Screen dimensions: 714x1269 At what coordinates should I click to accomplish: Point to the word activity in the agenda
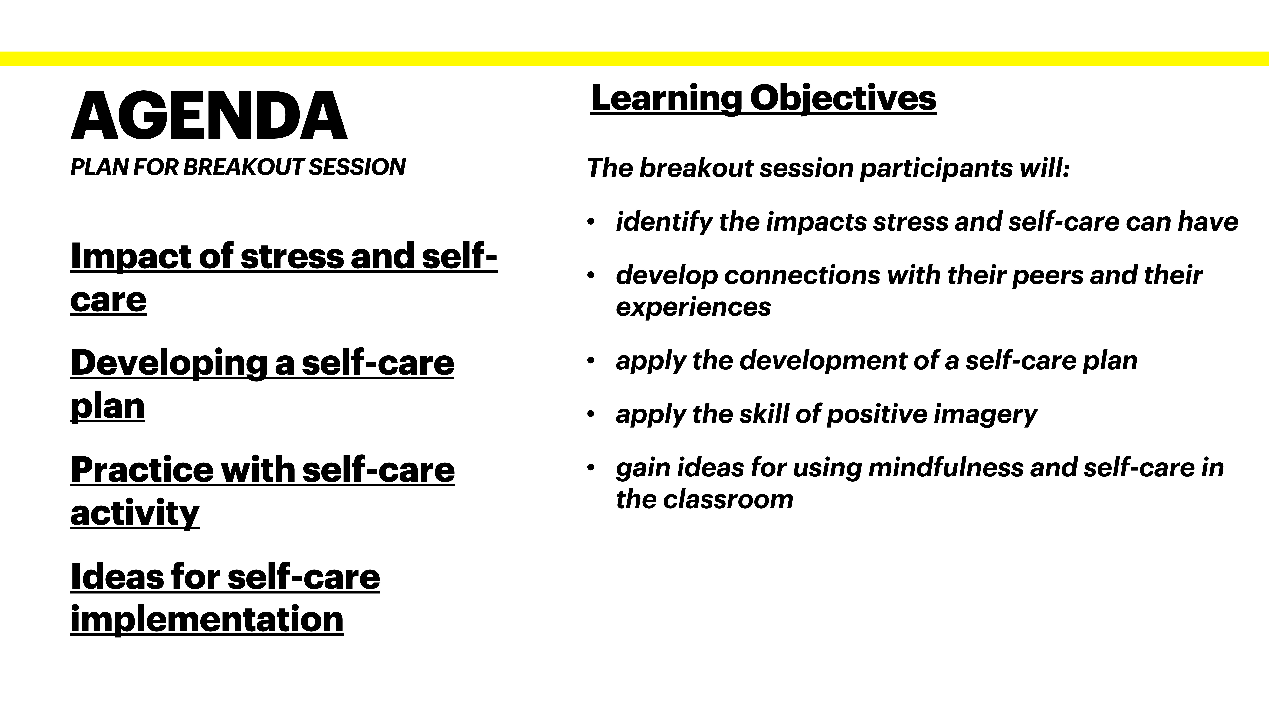[134, 513]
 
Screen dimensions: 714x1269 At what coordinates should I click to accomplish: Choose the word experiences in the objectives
[693, 307]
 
